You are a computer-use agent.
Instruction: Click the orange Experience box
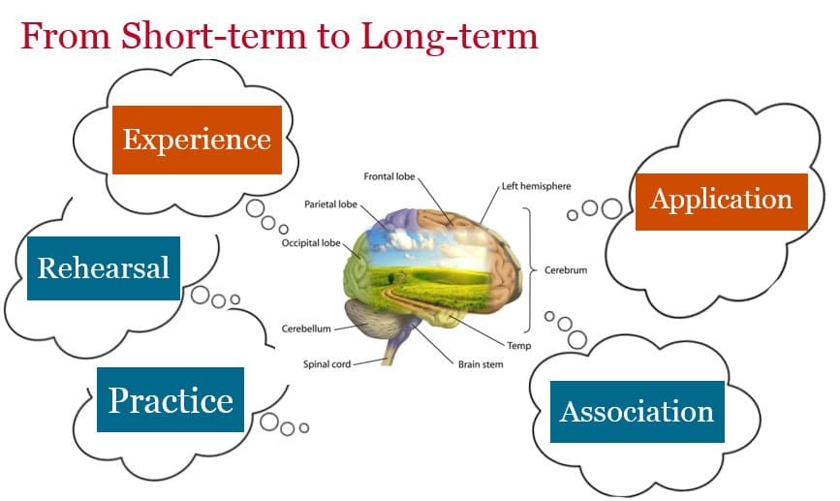[197, 140]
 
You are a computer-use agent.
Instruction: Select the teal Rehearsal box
[104, 267]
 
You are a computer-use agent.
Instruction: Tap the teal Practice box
[171, 399]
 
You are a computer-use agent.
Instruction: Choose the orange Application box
[721, 201]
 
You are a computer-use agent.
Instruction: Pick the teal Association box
[637, 411]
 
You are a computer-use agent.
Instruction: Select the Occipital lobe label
[313, 243]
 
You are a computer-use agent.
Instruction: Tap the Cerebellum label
[306, 329]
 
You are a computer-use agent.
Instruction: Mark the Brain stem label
[481, 365]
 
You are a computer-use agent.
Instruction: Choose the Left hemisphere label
[537, 186]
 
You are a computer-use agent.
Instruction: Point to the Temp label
[518, 345]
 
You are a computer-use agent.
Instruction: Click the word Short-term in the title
[185, 36]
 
